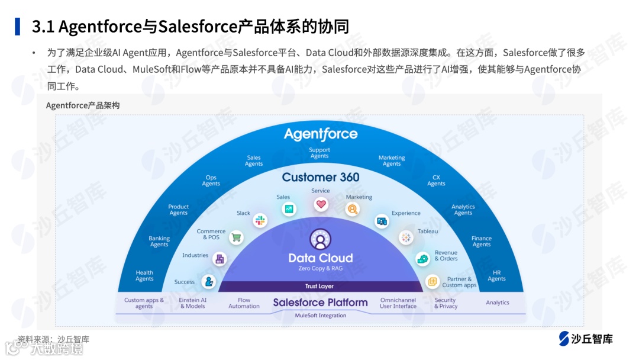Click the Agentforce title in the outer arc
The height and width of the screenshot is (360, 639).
[321, 134]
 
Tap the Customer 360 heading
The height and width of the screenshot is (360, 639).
[321, 177]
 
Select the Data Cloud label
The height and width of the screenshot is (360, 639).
[321, 258]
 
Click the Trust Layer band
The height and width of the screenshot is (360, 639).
[319, 287]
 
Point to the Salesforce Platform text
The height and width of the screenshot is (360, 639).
[320, 303]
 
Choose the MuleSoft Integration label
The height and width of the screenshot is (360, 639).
[321, 316]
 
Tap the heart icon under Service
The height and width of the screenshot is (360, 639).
[321, 205]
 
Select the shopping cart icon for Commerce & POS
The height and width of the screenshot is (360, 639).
[237, 237]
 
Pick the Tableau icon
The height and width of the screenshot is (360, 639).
[406, 237]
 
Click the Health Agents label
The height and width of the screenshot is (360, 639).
[144, 276]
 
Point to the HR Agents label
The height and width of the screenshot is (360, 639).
[496, 276]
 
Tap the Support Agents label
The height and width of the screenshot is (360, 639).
[319, 153]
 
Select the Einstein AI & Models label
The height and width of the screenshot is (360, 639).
[193, 303]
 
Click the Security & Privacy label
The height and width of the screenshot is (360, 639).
[446, 303]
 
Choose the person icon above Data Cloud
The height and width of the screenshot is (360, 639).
[320, 239]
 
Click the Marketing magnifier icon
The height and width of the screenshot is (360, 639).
[353, 209]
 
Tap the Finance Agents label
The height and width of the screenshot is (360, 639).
[482, 242]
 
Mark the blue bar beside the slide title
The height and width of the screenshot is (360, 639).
[18, 27]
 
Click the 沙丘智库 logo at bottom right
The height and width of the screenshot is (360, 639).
[586, 339]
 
